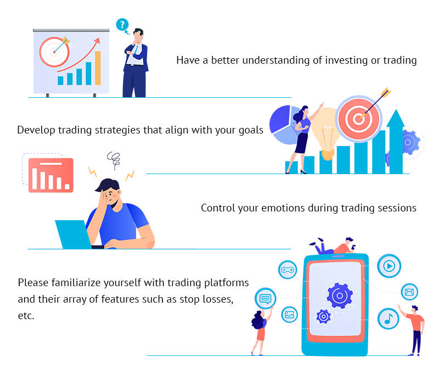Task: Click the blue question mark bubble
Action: tap(122, 24)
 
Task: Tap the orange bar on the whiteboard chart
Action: tap(98, 68)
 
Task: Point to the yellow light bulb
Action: tap(328, 135)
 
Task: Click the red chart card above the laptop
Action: tap(50, 175)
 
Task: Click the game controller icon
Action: tap(288, 270)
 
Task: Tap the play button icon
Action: tap(389, 266)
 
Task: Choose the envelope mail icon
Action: tap(409, 292)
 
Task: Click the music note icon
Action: tap(388, 318)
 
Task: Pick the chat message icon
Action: tap(266, 299)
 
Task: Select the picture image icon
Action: tap(290, 315)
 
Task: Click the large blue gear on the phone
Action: tap(340, 296)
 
